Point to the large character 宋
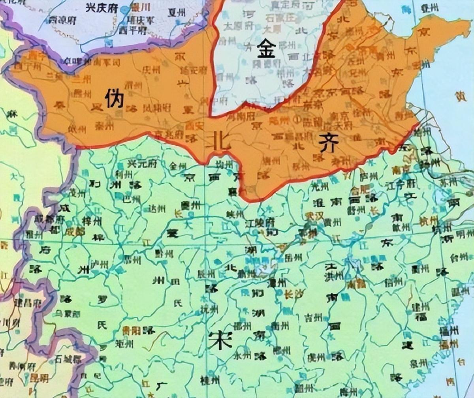pyautogui.click(x=220, y=340)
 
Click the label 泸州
pyautogui.click(x=99, y=265)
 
